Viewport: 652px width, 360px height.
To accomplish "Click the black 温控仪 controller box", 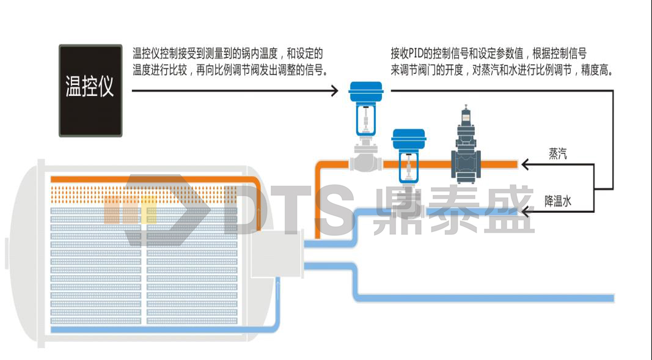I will click(x=90, y=90).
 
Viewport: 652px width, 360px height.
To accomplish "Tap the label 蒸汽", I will click(x=558, y=154).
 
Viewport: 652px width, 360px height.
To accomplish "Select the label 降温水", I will click(x=558, y=200).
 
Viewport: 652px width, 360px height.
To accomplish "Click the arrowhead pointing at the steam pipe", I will click(x=524, y=164).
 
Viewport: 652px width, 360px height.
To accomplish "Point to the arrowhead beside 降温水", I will click(x=524, y=211).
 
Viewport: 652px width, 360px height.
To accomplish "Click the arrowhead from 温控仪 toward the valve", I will click(x=334, y=91).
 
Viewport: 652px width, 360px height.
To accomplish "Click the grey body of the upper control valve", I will click(x=365, y=161).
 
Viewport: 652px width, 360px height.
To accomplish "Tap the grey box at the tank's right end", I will click(x=277, y=255).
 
